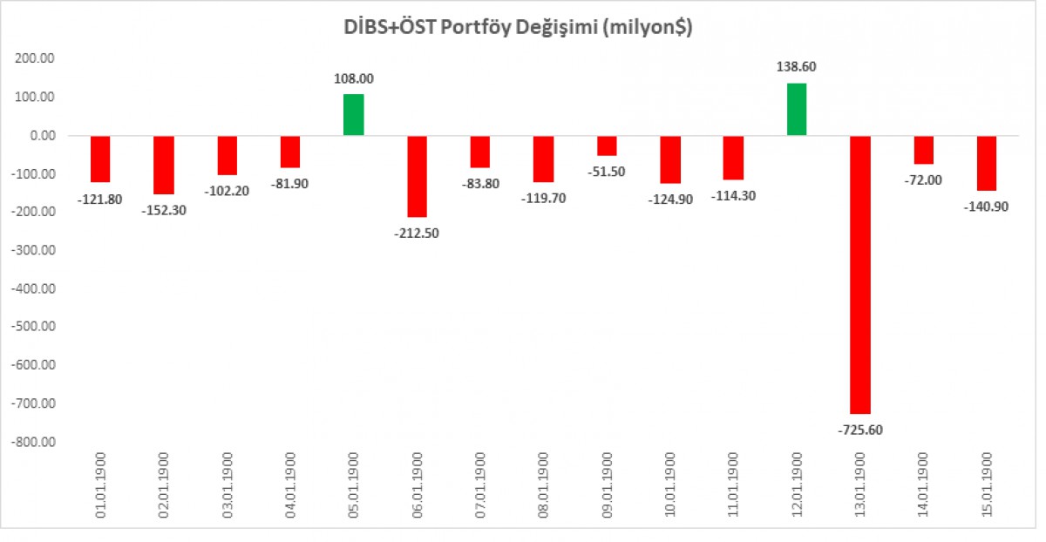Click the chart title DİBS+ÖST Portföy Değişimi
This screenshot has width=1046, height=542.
pyautogui.click(x=518, y=29)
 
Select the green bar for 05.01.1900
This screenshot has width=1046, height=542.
pyautogui.click(x=353, y=115)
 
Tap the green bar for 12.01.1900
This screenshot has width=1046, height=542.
pyautogui.click(x=797, y=110)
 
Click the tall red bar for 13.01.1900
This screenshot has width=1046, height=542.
pyautogui.click(x=860, y=274)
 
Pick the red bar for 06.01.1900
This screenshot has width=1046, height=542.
pyautogui.click(x=417, y=176)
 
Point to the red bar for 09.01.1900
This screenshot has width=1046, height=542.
pyautogui.click(x=607, y=146)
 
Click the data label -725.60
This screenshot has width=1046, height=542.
pyautogui.click(x=860, y=430)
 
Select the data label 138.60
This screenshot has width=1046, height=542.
pyautogui.click(x=797, y=66)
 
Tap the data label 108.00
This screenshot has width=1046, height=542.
pyautogui.click(x=353, y=78)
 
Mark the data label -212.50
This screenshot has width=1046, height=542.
pyautogui.click(x=417, y=233)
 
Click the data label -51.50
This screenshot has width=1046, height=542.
pyautogui.click(x=607, y=171)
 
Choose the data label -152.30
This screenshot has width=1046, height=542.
pyautogui.click(x=164, y=209)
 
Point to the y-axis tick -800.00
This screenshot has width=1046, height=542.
pyautogui.click(x=31, y=442)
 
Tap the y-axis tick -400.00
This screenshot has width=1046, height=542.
pyautogui.click(x=31, y=288)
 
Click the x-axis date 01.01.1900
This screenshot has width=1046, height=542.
pyautogui.click(x=101, y=486)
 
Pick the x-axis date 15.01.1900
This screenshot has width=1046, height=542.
pyautogui.click(x=988, y=486)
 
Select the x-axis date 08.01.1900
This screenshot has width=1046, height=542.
pyautogui.click(x=544, y=486)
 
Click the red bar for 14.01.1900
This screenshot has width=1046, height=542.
pyautogui.click(x=924, y=150)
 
